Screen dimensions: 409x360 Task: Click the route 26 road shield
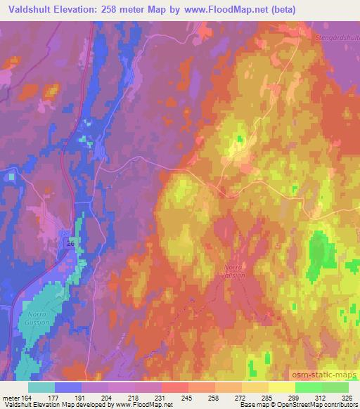pos(70,243)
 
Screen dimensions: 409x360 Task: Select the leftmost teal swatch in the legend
pos(41,387)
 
